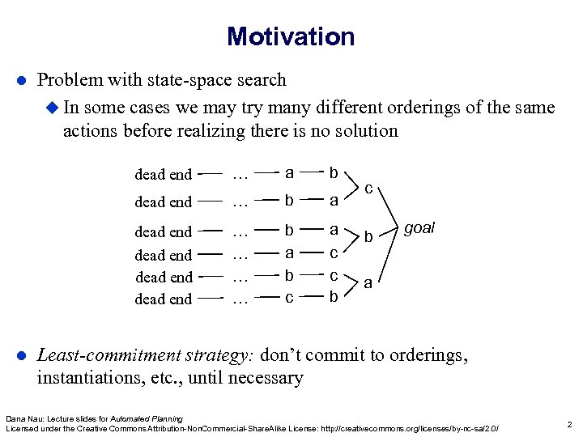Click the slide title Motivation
tap(291, 36)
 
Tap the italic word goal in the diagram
tap(419, 228)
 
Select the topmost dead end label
tap(163, 174)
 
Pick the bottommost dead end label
tap(163, 299)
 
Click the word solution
tap(367, 130)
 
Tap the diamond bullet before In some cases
tap(54, 107)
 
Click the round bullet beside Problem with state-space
tap(23, 80)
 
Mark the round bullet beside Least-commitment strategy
tap(23, 355)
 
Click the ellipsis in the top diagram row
tap(239, 174)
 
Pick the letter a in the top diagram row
tap(289, 172)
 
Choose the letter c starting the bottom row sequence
tap(289, 299)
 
